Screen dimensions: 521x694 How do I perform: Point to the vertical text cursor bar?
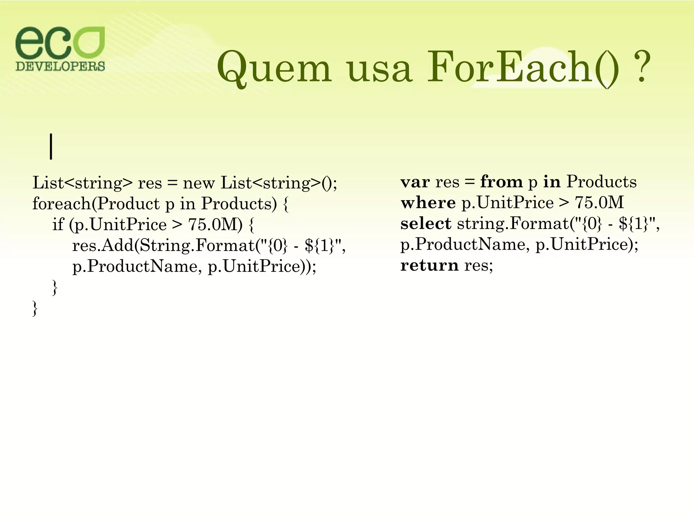click(x=51, y=147)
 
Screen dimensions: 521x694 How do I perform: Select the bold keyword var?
click(x=415, y=182)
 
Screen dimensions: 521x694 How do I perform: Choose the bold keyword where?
click(x=428, y=203)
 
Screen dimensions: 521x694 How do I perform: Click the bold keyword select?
click(x=426, y=224)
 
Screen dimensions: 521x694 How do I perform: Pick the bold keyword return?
click(x=429, y=265)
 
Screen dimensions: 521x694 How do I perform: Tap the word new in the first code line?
click(x=199, y=183)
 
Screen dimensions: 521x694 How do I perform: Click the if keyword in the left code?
click(x=58, y=224)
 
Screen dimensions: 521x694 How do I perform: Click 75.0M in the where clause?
click(x=599, y=203)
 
